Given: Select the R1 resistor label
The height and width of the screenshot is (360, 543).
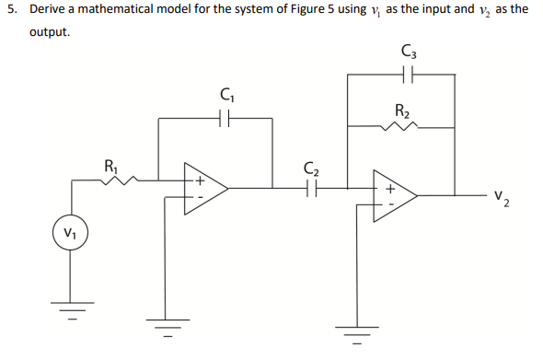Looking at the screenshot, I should (x=111, y=167).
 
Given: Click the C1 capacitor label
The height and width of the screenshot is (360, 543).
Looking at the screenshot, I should (x=225, y=93).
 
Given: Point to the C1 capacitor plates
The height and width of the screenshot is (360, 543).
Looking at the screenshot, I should (x=225, y=118).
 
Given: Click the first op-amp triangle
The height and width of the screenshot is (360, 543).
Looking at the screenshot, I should (x=204, y=190).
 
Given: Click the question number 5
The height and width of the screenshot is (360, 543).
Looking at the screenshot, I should (x=9, y=9).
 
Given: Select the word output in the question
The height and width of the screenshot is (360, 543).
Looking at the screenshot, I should (x=49, y=32).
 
